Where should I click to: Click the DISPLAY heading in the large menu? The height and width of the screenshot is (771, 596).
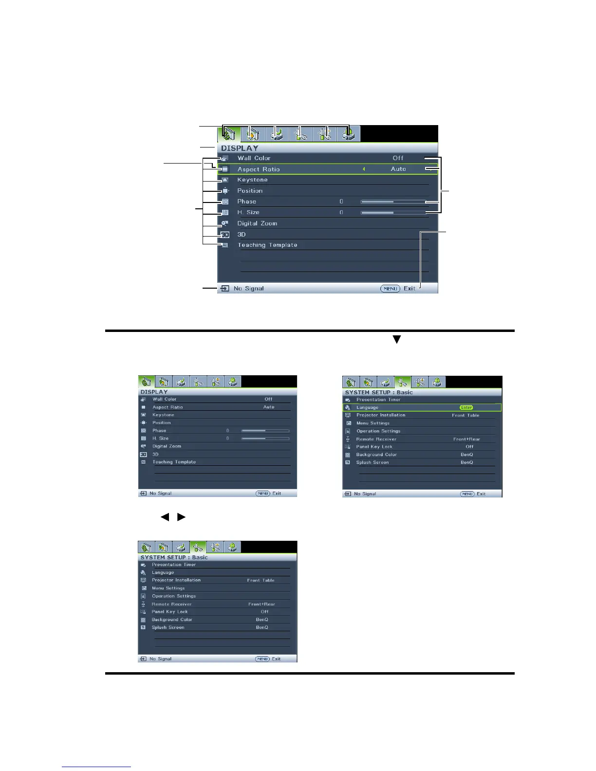tap(240, 148)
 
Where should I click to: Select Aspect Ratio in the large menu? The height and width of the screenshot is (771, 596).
tap(259, 169)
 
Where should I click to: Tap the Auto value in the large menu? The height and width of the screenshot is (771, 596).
tap(398, 169)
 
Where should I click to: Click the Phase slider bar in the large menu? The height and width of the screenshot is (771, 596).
tap(392, 202)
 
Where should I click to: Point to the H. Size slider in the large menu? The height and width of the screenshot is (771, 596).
tap(392, 213)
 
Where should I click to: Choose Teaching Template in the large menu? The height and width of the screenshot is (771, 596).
tap(267, 245)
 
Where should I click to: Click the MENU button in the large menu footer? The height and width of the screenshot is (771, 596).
tap(390, 289)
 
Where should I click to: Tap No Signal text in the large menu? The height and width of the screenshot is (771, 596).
tap(248, 289)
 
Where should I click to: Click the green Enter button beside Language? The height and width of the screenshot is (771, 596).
tap(466, 407)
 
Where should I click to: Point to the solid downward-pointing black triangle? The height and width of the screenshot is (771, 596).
tap(397, 340)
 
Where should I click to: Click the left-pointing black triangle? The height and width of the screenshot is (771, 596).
tap(165, 517)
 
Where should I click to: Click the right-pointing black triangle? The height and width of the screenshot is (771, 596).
tap(181, 517)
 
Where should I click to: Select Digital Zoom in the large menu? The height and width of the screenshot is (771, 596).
tap(257, 223)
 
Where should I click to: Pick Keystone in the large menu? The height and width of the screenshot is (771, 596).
tap(252, 180)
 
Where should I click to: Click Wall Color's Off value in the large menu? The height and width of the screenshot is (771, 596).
tap(398, 158)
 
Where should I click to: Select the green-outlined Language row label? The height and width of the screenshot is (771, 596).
tap(367, 407)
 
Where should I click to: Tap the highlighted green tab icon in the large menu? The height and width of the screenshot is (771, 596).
tap(229, 134)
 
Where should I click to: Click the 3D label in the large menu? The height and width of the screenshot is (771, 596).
tap(242, 234)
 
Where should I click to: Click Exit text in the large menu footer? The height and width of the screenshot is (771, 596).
tap(410, 289)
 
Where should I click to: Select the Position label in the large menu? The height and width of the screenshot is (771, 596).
tap(250, 191)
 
